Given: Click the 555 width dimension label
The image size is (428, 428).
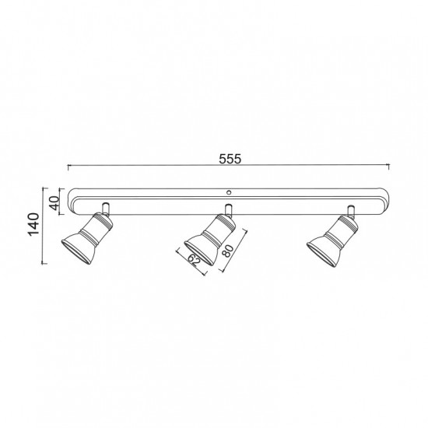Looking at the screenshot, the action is point(230,159).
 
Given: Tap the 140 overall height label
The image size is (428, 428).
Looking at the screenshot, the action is point(34,224).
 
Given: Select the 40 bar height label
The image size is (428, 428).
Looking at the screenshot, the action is point(55,203).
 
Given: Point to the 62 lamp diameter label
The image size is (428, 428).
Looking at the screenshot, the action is point(195,261).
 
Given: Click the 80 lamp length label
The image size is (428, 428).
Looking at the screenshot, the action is point(228,251).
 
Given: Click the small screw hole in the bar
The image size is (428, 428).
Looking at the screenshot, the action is point(229,192).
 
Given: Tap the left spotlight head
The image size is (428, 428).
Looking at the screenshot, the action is point(87,238).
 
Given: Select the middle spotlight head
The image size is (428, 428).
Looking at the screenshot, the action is point(210,240).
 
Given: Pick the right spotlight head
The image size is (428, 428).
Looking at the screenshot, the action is point(332,240).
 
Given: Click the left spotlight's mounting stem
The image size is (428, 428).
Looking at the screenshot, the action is point(106,209).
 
